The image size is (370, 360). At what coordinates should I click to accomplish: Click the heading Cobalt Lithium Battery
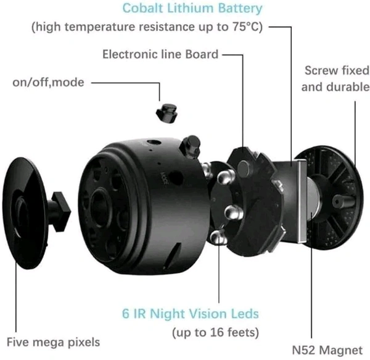(x=192, y=8)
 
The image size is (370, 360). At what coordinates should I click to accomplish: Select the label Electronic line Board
(x=160, y=54)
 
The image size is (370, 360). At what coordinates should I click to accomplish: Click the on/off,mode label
(x=48, y=83)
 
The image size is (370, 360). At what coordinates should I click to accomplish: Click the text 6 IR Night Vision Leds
(x=191, y=314)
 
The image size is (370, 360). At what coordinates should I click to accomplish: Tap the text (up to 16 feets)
(x=215, y=332)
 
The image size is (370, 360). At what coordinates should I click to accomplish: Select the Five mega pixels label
(x=53, y=342)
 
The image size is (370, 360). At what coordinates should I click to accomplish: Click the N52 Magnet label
(x=327, y=350)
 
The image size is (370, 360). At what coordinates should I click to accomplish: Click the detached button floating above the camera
(x=166, y=112)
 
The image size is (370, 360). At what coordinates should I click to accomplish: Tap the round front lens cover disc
(x=25, y=213)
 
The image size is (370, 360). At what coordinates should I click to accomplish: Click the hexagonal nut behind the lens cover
(x=61, y=212)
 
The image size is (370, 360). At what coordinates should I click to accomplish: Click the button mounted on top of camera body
(x=191, y=147)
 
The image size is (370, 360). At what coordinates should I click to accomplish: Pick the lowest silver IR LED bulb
(x=218, y=237)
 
